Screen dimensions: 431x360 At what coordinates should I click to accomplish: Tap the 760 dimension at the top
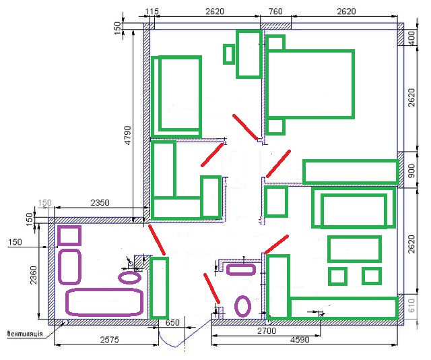(275, 11)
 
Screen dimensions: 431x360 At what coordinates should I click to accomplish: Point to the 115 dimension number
(152, 11)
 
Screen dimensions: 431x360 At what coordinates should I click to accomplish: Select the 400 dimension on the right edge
(411, 38)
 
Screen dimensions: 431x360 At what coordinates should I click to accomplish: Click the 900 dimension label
(411, 171)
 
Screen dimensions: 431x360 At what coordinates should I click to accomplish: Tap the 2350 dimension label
(100, 203)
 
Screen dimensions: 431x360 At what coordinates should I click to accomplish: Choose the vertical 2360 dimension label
(33, 275)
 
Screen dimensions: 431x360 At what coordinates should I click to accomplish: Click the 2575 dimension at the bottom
(109, 340)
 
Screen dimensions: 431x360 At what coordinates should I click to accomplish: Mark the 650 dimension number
(172, 322)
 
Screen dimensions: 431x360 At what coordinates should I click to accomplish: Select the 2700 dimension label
(267, 330)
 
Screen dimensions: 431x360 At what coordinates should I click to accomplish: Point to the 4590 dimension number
(300, 340)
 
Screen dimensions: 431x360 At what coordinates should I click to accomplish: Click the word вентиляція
(25, 334)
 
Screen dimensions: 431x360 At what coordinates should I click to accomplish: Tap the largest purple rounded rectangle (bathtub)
(104, 302)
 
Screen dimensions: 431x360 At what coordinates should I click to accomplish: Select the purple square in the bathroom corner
(69, 235)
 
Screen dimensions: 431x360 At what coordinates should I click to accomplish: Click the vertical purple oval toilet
(242, 306)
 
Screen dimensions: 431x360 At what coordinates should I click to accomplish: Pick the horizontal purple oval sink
(130, 278)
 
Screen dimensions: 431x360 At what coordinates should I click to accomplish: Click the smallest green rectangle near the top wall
(229, 54)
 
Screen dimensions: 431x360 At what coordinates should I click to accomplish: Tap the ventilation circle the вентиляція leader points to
(66, 322)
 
